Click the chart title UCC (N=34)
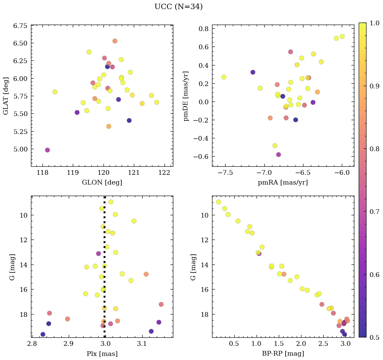(x=178, y=7)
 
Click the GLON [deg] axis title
(x=102, y=183)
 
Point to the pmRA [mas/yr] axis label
(x=283, y=183)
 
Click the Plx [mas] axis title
(x=102, y=354)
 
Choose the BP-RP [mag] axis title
(x=283, y=354)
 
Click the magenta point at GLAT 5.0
(x=47, y=150)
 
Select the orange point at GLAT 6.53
(x=115, y=41)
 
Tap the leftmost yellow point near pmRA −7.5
(x=224, y=77)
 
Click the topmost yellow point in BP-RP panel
(x=218, y=202)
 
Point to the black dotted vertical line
(x=105, y=256)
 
